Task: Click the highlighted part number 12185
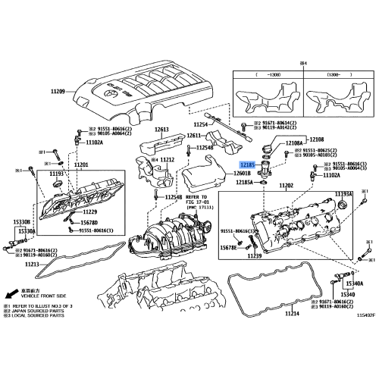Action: point(248,164)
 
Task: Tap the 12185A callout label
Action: point(246,183)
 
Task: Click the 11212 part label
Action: point(167,160)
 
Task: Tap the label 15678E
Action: point(230,247)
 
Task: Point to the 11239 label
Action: point(254,256)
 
